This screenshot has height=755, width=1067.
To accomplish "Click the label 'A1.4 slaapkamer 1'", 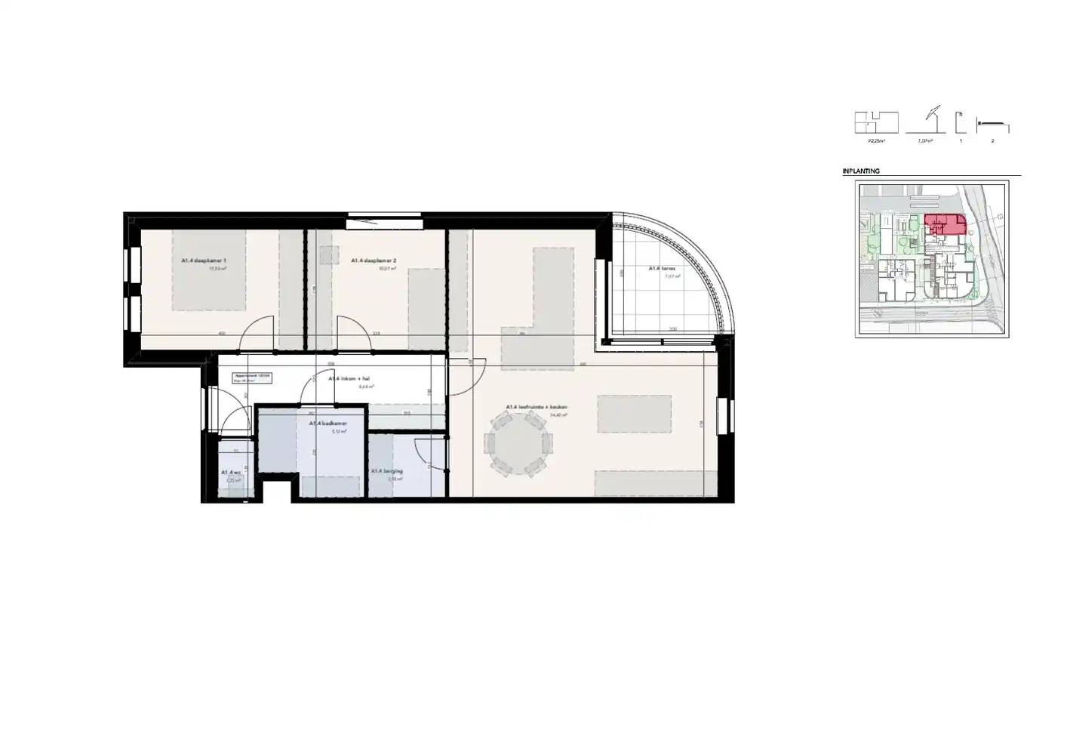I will [204, 260].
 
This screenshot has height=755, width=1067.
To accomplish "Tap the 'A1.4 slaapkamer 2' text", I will [374, 260].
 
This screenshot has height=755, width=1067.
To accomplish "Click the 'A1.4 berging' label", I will [386, 471].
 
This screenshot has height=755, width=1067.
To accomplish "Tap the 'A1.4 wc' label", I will [231, 473].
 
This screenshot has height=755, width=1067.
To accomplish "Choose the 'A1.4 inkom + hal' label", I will [347, 379].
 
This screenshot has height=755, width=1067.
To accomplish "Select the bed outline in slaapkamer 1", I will [208, 270].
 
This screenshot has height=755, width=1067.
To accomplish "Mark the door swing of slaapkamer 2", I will [353, 334].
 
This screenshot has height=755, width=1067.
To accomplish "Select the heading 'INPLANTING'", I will [861, 171].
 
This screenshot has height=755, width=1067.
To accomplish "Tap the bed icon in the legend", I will [992, 124].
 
